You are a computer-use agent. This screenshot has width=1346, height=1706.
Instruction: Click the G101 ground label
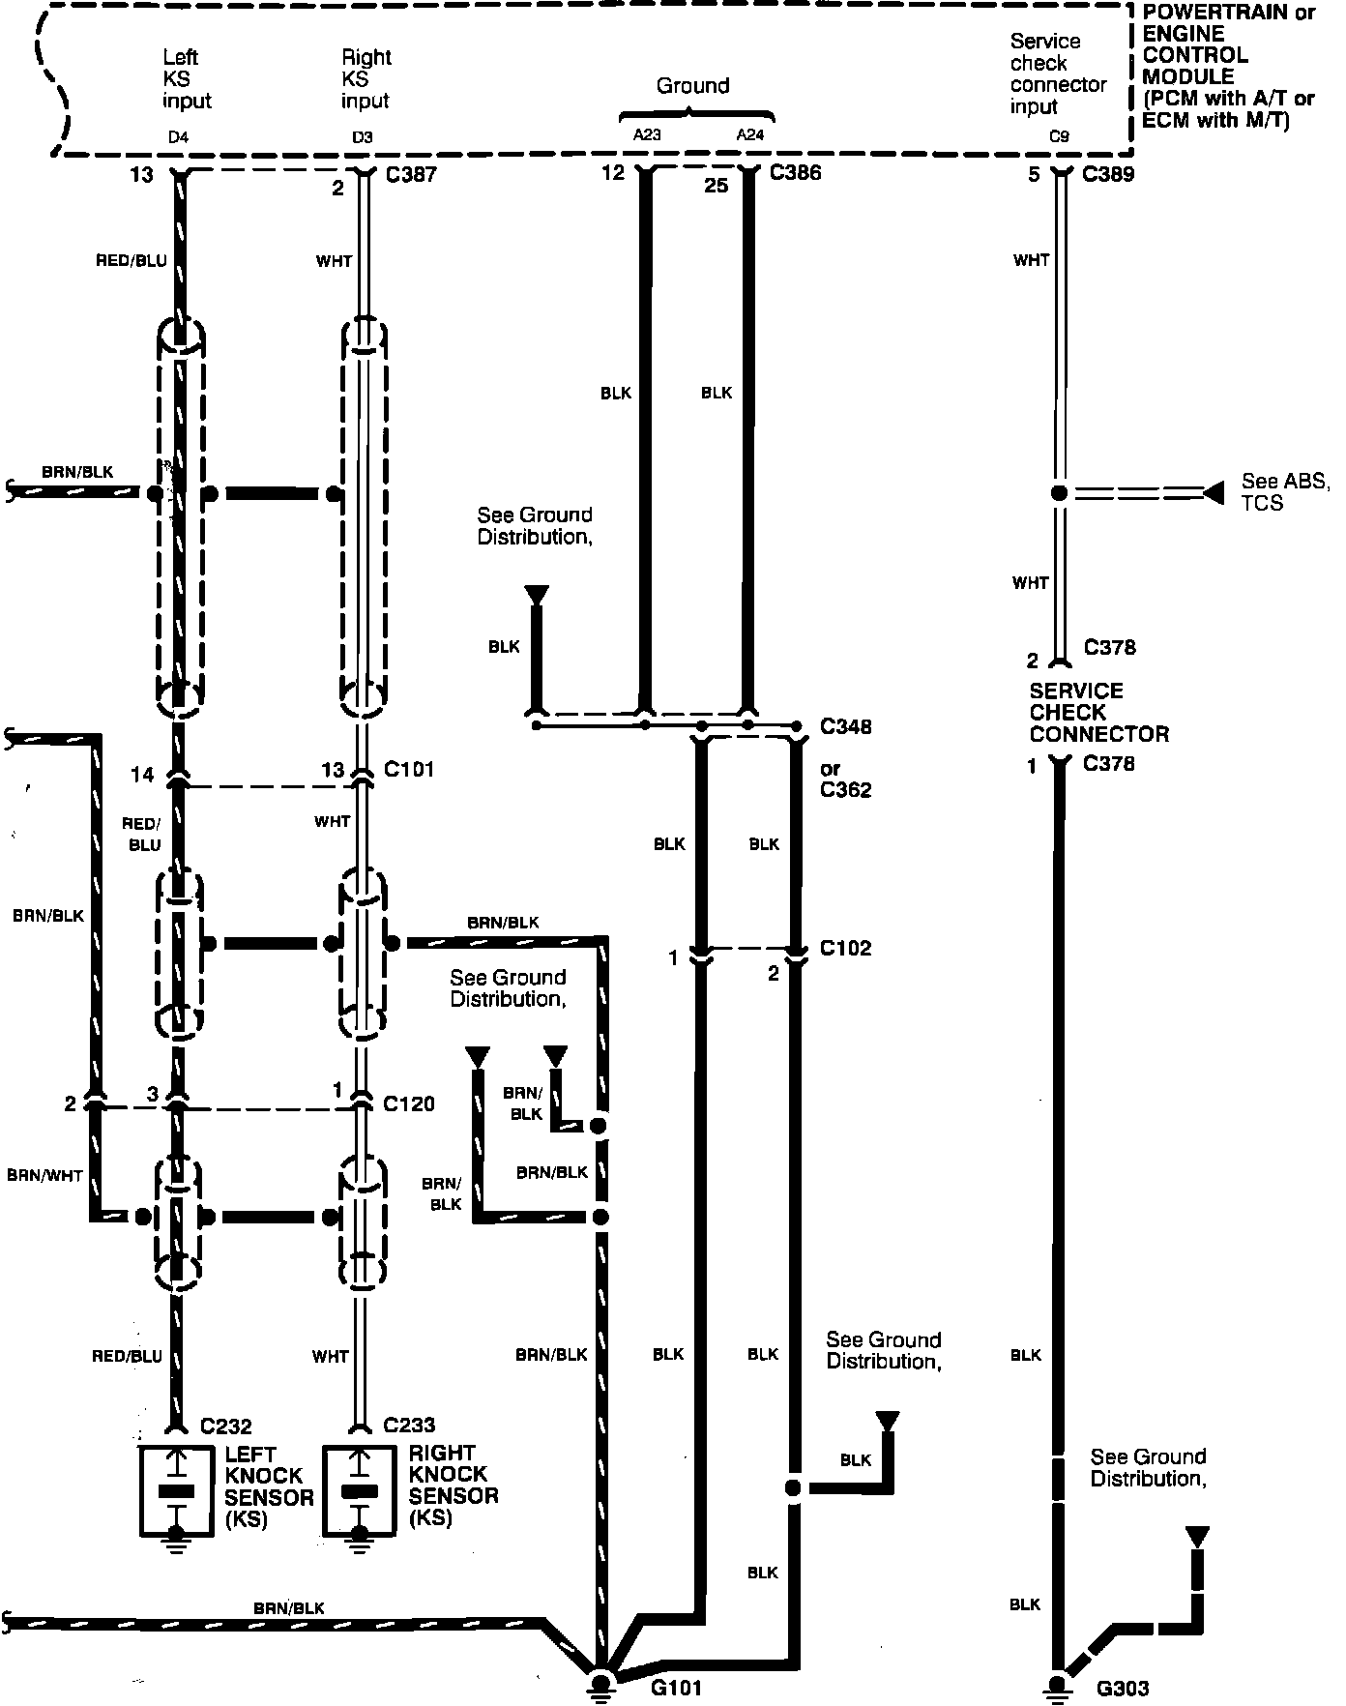point(676,1688)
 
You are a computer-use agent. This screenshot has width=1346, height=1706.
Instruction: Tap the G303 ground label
point(1123,1689)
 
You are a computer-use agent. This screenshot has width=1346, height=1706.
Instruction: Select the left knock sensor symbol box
point(176,1490)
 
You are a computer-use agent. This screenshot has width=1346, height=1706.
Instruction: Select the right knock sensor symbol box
point(360,1490)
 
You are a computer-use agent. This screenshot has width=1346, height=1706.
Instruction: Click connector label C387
point(409,175)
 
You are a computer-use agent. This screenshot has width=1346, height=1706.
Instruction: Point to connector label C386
point(795,174)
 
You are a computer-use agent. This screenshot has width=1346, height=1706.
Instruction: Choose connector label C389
point(1108,174)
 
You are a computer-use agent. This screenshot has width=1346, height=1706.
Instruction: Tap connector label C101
point(409,769)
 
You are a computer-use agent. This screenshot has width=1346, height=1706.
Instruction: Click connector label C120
point(409,1103)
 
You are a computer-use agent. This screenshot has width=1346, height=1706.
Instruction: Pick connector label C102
point(845,948)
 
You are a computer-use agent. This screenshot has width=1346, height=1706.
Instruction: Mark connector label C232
point(226,1426)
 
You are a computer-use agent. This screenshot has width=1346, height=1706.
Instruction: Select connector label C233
point(409,1425)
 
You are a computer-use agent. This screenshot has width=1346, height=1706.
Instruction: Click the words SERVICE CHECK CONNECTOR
point(1098,712)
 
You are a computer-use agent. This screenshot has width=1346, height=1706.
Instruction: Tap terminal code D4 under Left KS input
point(178,137)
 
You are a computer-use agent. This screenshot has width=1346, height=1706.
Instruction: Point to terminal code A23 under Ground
point(647,135)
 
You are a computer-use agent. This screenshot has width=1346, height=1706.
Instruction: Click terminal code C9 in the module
point(1060,137)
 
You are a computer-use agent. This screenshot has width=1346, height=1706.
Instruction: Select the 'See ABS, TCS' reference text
point(1284,492)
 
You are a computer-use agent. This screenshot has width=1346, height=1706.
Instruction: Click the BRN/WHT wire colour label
point(45,1176)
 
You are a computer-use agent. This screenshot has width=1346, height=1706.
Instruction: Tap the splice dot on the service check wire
point(1060,493)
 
